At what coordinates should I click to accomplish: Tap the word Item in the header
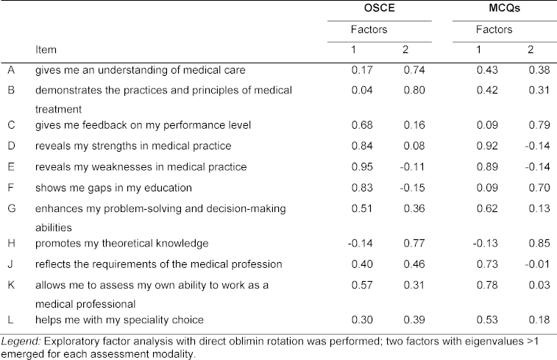point(46,49)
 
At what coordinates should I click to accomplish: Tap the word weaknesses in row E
point(127,166)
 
